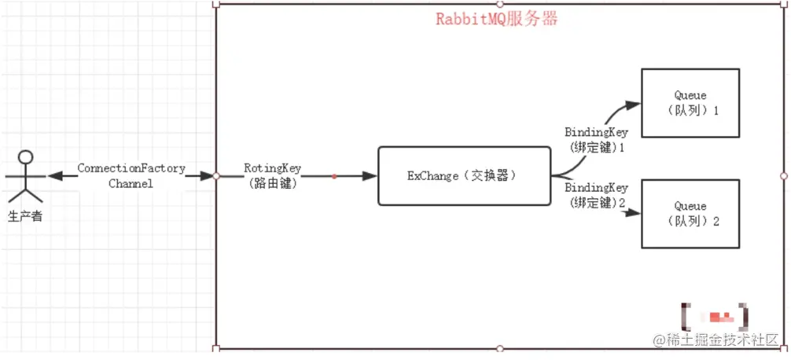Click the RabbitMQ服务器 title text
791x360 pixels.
coord(497,20)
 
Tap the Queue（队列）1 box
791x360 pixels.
coord(690,103)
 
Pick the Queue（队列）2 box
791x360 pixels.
coord(690,213)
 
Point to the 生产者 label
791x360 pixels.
coord(25,215)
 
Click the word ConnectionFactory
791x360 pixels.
coord(131,168)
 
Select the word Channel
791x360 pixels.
coord(131,183)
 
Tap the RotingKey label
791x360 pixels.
coord(272,168)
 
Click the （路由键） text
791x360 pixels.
coord(272,183)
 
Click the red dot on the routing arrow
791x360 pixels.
coord(333,176)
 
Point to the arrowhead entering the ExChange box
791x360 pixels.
coord(370,176)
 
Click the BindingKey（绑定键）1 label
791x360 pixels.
coord(596,139)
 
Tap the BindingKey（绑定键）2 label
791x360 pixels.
coord(596,196)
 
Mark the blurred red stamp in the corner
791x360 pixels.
coord(716,317)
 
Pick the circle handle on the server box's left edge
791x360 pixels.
coord(216,176)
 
